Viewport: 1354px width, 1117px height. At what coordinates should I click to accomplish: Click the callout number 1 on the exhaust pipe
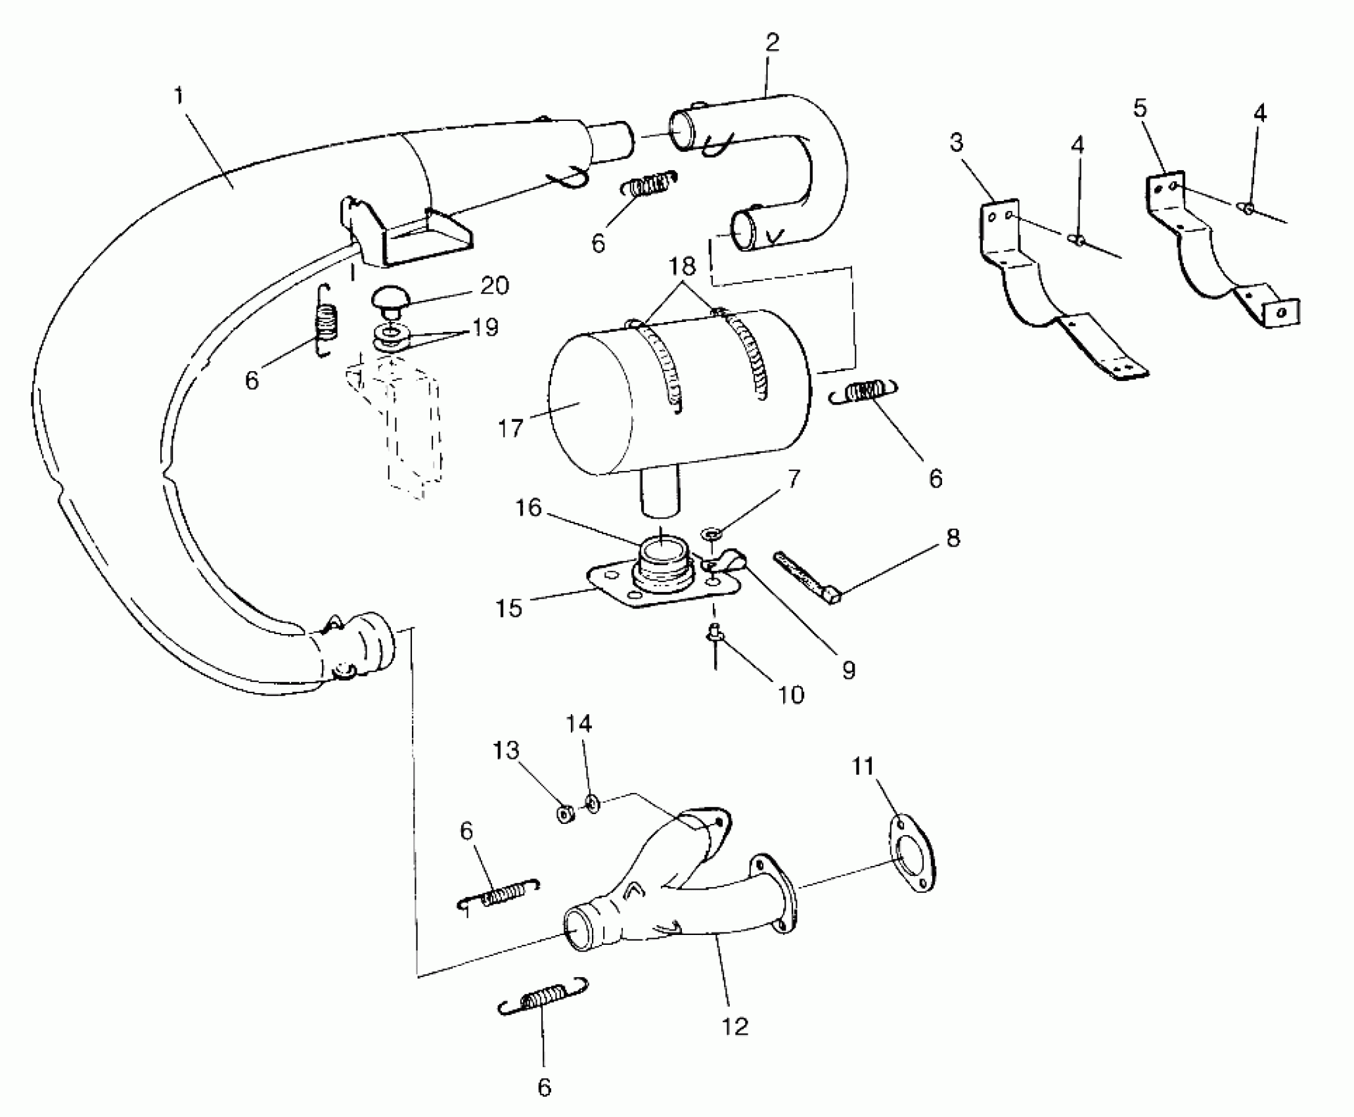[178, 96]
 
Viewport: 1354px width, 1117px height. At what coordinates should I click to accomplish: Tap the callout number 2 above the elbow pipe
[773, 43]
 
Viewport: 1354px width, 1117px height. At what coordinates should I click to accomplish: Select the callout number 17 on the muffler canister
[510, 428]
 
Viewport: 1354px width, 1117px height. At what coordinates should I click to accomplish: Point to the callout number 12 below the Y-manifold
[734, 1026]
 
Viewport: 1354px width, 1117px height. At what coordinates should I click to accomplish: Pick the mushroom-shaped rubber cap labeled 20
[390, 300]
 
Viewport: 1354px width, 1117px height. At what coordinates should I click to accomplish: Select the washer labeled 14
[591, 803]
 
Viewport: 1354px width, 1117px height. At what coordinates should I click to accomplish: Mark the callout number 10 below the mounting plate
[790, 694]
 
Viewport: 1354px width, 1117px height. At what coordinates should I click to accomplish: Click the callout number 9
[848, 670]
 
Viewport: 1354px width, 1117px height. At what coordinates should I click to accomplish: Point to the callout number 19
[485, 327]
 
